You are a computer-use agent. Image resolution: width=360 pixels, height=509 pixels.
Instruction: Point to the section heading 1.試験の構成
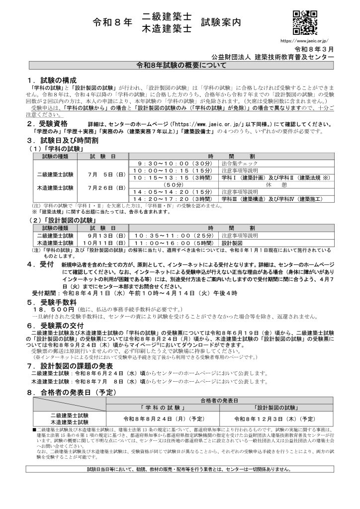click(52, 80)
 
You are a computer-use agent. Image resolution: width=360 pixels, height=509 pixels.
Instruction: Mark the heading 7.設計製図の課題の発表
click(74, 365)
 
